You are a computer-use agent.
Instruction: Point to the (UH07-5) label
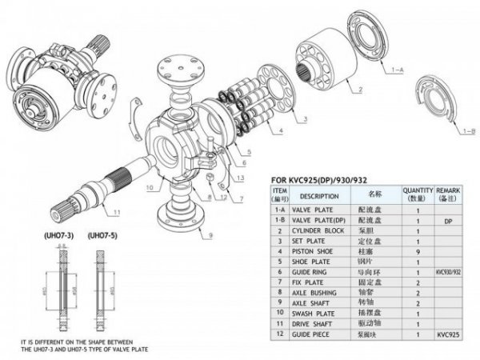104,236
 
